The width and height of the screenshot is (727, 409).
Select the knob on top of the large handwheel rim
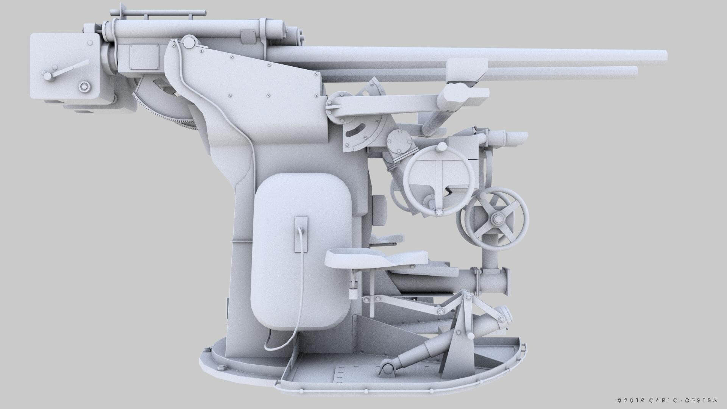click(x=442, y=148)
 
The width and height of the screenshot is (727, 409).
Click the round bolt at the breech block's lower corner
click(x=84, y=87)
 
